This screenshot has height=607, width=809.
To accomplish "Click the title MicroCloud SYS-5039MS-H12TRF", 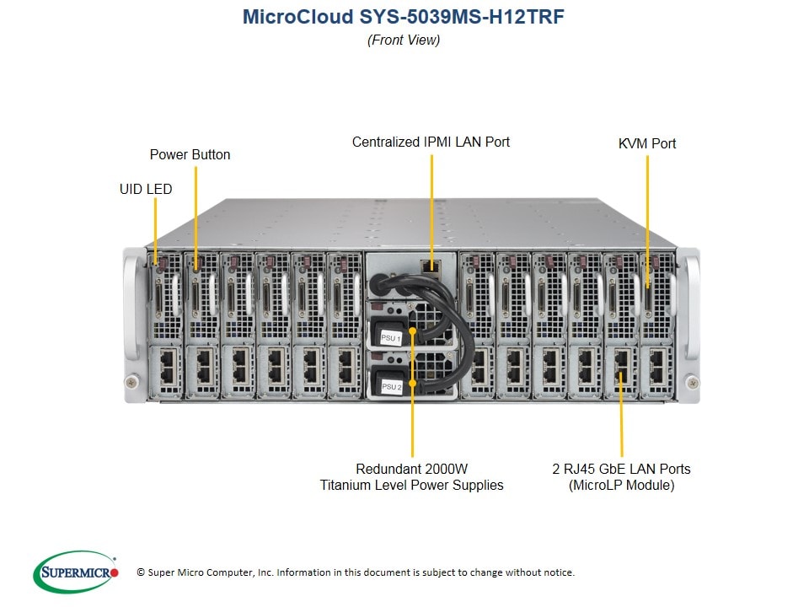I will pyautogui.click(x=404, y=16).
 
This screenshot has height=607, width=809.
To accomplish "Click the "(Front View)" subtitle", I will pyautogui.click(x=404, y=40).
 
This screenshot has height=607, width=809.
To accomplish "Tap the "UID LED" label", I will pyautogui.click(x=146, y=189).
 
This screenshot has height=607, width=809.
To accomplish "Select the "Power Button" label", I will pyautogui.click(x=190, y=154).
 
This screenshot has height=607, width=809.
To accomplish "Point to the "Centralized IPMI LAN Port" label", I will pyautogui.click(x=431, y=142).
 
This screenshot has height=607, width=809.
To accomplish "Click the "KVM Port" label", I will pyautogui.click(x=647, y=143).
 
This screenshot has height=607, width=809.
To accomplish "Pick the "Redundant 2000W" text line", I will pyautogui.click(x=412, y=469).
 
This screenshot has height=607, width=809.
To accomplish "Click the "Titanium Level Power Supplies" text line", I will pyautogui.click(x=412, y=485).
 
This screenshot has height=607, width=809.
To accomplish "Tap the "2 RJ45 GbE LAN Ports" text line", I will pyautogui.click(x=621, y=469).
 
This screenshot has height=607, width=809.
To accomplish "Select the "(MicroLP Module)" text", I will pyautogui.click(x=621, y=485).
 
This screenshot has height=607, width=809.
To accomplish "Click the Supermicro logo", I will pyautogui.click(x=76, y=572).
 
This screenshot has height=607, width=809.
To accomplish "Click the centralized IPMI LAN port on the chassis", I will pyautogui.click(x=431, y=266).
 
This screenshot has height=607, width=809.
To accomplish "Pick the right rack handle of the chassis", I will pyautogui.click(x=690, y=303).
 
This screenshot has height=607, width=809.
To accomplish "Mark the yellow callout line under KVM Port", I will pyautogui.click(x=647, y=219).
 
